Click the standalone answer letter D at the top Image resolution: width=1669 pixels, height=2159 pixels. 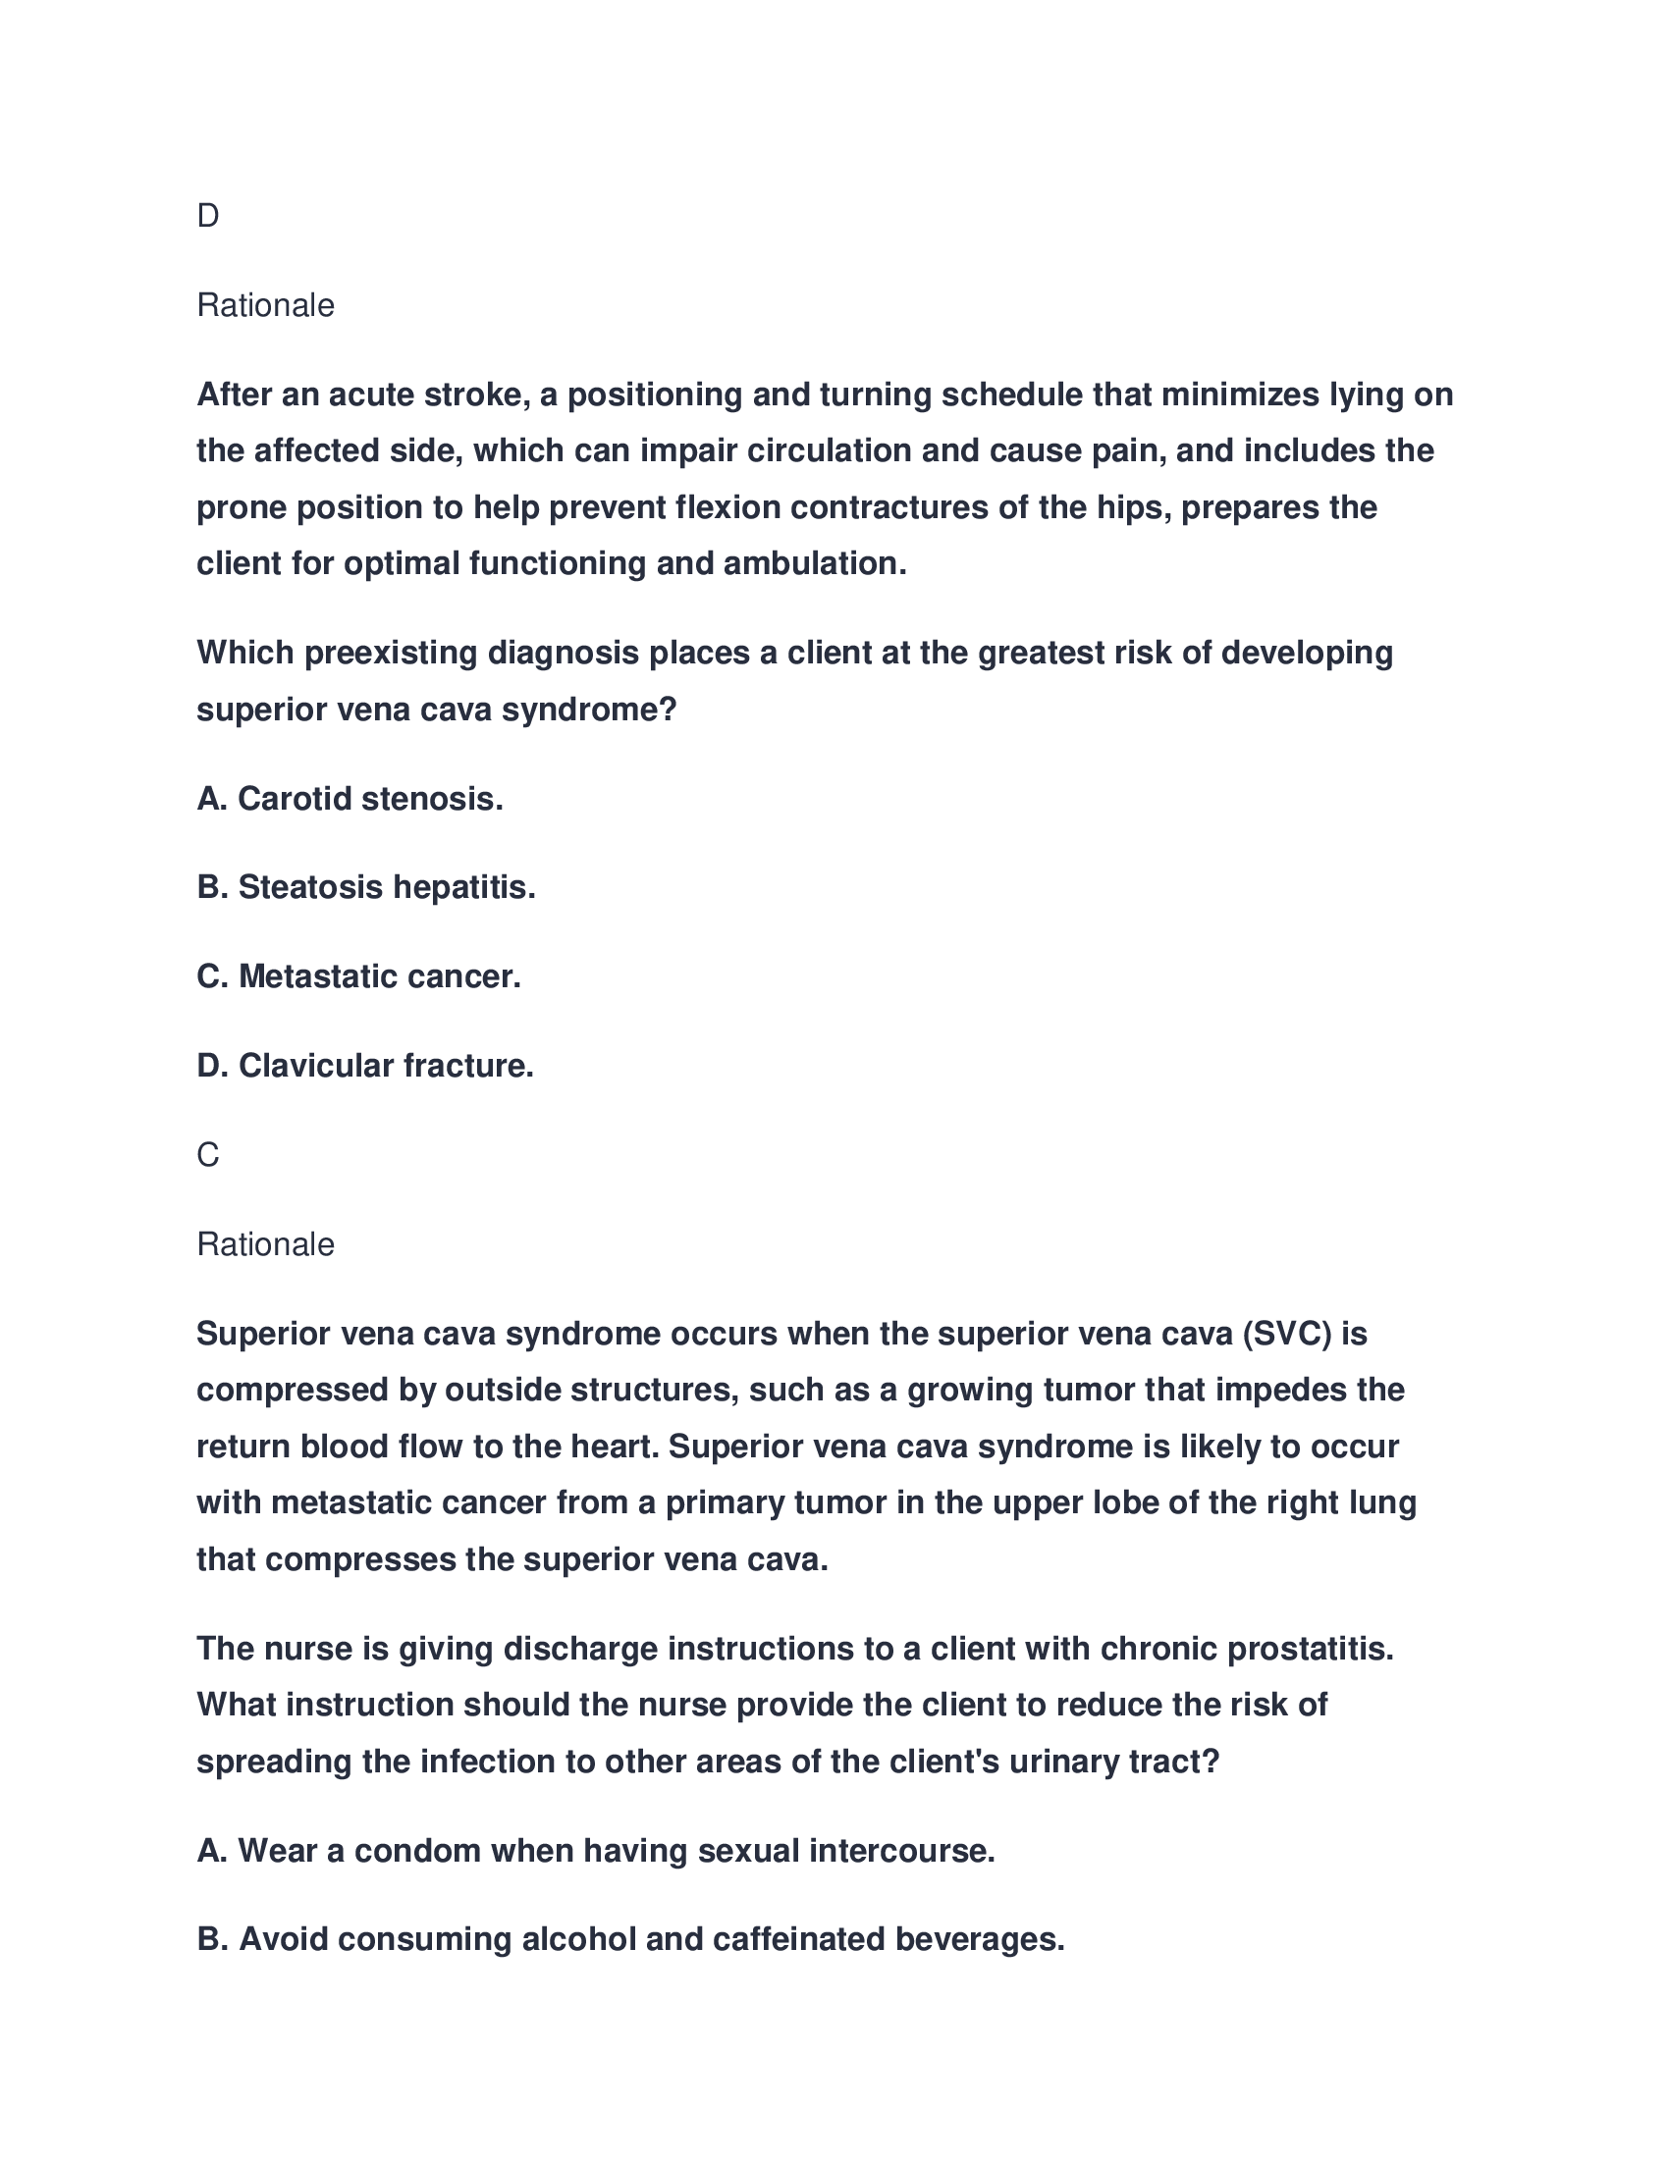(207, 216)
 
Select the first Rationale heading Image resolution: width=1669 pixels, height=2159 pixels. (265, 305)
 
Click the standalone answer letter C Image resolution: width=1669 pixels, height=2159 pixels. (207, 1155)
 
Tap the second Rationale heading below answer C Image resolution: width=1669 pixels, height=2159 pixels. (265, 1244)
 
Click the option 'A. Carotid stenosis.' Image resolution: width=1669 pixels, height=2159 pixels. (350, 799)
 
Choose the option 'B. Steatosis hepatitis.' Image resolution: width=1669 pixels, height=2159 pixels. (366, 888)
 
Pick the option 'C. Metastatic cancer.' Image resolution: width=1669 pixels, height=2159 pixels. (359, 976)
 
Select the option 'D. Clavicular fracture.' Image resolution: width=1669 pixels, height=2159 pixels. (365, 1066)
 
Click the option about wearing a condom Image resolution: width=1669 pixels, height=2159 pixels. (595, 1851)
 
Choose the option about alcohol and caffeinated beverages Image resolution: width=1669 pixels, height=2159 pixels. (630, 1939)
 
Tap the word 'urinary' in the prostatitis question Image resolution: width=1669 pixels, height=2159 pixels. (1064, 1762)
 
